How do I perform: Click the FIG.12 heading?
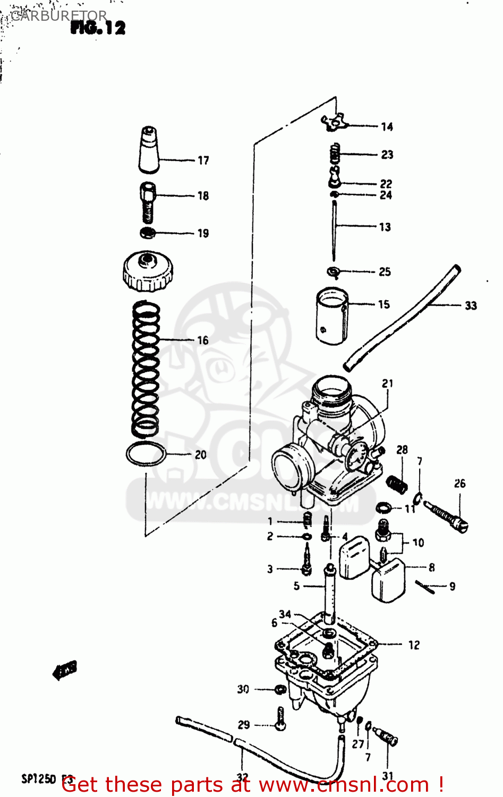point(98,28)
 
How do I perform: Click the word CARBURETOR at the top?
point(58,16)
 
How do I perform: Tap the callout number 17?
point(203,160)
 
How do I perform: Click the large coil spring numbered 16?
point(146,367)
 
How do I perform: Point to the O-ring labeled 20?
point(146,454)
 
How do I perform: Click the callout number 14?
point(387,127)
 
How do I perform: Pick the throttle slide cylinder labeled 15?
point(333,316)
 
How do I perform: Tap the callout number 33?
point(471,306)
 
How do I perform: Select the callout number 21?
point(388,384)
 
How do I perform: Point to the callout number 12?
point(414,645)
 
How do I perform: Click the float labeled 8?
point(388,582)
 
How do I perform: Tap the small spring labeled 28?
point(397,484)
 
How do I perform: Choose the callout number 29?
point(244,725)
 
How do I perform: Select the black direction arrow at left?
point(65,670)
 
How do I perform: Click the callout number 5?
point(296,586)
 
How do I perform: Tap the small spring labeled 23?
point(334,154)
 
